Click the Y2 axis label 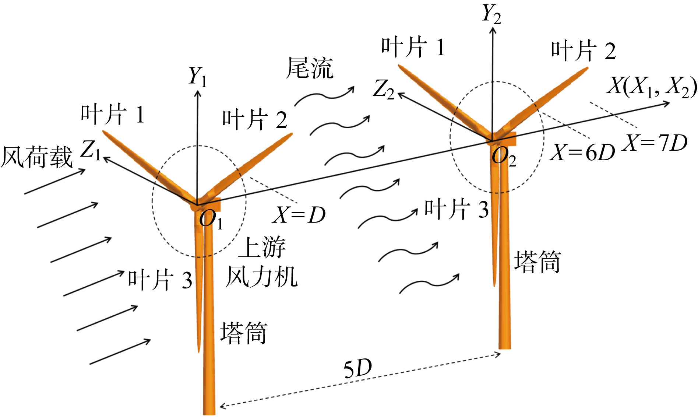point(492,14)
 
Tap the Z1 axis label point(91,150)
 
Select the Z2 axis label point(384,90)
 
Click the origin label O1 point(211,220)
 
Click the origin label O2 point(504,157)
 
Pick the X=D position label point(299,215)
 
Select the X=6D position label point(582,152)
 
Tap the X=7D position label point(655,143)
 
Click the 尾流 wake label point(310,69)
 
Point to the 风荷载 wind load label point(37,157)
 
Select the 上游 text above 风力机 point(262,247)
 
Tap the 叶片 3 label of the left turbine point(160,280)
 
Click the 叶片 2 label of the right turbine point(583,51)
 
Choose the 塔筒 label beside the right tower point(537,262)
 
